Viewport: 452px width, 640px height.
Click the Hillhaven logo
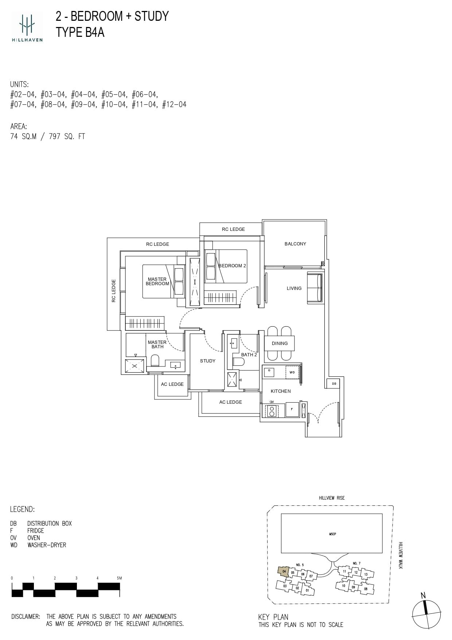[27, 26]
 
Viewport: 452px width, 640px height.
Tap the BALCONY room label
[295, 244]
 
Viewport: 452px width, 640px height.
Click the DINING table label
[280, 343]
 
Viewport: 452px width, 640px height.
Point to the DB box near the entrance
[334, 384]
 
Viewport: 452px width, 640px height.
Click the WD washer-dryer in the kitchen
[292, 372]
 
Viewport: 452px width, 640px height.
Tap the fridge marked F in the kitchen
[292, 410]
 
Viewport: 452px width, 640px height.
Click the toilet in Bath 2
[239, 362]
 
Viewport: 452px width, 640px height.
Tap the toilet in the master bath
[155, 361]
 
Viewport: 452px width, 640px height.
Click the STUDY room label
[207, 361]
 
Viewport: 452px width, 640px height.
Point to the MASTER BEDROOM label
[157, 281]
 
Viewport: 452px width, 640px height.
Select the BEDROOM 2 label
[233, 265]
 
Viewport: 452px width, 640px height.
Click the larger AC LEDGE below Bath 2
[230, 402]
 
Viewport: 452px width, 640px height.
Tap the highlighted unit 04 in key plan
[283, 571]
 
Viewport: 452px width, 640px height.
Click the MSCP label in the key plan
[332, 534]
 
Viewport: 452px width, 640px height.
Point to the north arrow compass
[426, 614]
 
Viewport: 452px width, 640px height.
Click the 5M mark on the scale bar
[119, 578]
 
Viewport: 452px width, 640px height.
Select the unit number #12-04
[174, 105]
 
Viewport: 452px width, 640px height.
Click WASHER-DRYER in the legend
[47, 545]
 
